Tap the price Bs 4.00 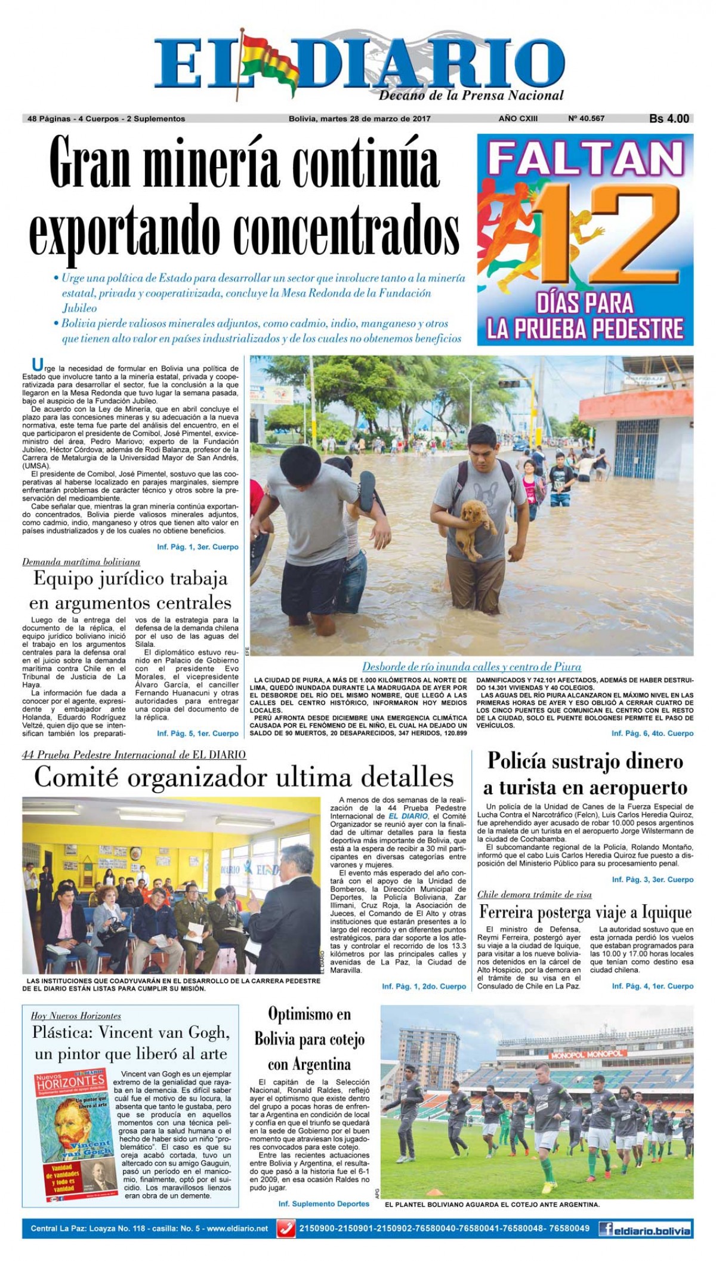(x=668, y=119)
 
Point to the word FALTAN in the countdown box (x=585, y=159)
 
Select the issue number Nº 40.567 (x=587, y=119)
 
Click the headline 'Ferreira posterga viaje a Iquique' (x=585, y=912)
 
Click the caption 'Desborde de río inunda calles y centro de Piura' (x=471, y=667)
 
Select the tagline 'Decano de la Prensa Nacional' (x=471, y=95)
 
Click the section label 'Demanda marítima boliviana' (x=81, y=562)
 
